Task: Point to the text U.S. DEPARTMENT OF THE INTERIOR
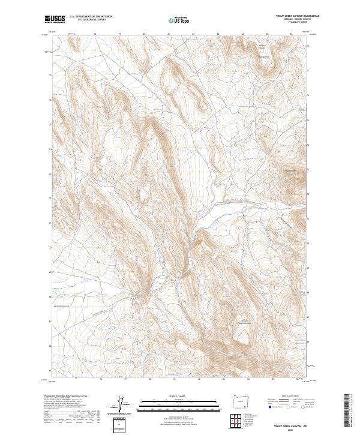(x=91, y=17)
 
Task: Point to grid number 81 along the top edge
(x=169, y=34)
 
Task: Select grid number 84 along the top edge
(x=242, y=34)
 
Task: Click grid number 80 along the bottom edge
(x=144, y=379)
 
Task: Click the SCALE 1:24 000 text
(x=172, y=395)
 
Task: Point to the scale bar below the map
(x=172, y=403)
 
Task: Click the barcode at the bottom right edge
(x=346, y=411)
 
